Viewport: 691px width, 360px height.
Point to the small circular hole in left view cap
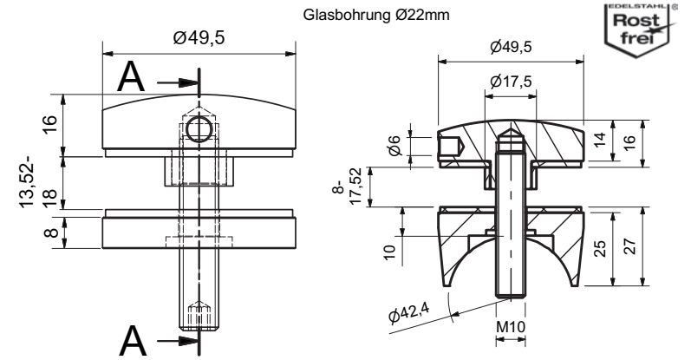[x=199, y=131]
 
